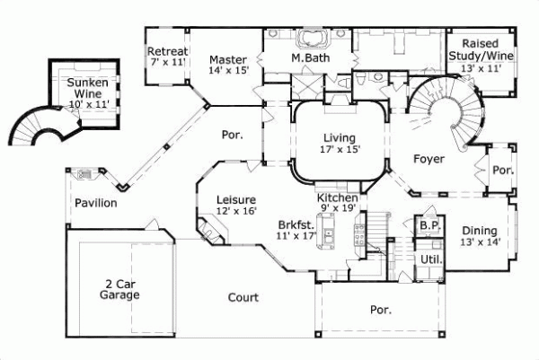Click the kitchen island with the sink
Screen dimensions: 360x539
[x=329, y=237]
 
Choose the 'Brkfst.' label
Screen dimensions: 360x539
[x=297, y=227]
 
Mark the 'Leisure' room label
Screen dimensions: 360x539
[x=236, y=199]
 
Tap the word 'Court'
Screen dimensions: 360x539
[x=243, y=297]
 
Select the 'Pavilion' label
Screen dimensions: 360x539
[x=95, y=203]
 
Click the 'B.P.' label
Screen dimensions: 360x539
[x=429, y=227]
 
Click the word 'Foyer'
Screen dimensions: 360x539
[x=429, y=159]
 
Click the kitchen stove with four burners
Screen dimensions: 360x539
[x=359, y=235]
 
